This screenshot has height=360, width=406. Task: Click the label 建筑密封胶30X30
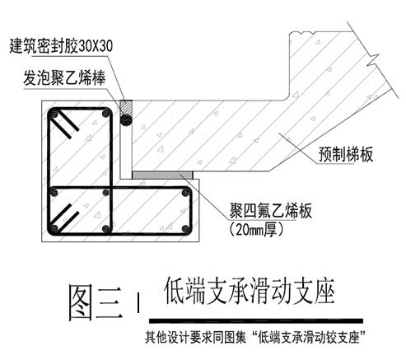(61, 46)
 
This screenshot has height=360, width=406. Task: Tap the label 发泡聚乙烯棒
(64, 78)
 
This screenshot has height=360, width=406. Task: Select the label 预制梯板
(346, 154)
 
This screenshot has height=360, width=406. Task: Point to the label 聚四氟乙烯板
(271, 211)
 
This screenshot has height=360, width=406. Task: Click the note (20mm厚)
(256, 231)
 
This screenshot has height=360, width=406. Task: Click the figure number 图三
(96, 302)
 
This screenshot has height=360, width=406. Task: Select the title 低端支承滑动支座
(250, 291)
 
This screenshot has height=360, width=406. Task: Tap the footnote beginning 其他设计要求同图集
(256, 337)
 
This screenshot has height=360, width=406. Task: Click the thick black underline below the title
(256, 320)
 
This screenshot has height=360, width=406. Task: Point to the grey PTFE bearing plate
(162, 175)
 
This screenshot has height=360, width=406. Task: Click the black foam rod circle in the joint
(126, 119)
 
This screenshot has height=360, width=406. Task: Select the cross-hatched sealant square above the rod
(126, 107)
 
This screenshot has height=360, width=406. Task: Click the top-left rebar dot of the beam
(54, 114)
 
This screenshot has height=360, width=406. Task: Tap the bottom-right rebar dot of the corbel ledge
(186, 229)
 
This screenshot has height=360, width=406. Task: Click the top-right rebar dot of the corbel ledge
(186, 193)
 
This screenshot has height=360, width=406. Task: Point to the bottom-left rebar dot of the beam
(54, 228)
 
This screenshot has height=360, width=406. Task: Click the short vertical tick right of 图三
(138, 303)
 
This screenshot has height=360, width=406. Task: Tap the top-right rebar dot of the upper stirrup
(105, 113)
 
